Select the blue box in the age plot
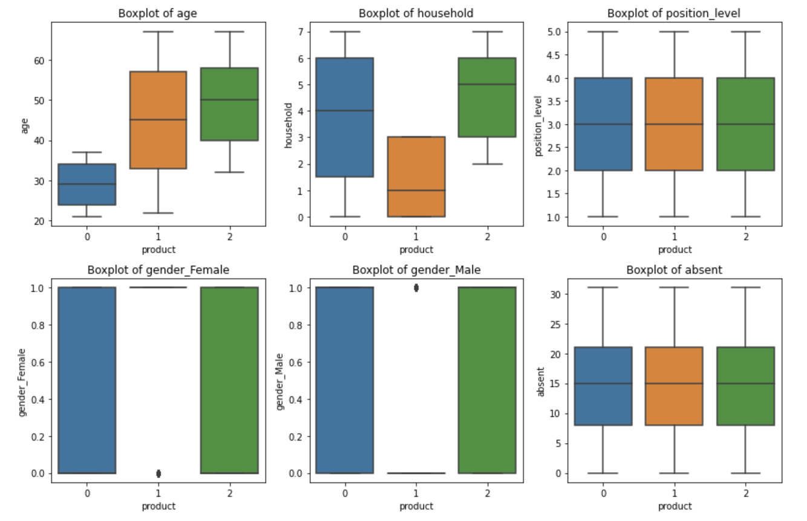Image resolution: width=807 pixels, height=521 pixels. tap(87, 184)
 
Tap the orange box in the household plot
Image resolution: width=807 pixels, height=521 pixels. tap(416, 176)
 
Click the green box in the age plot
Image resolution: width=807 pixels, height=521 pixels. tap(230, 104)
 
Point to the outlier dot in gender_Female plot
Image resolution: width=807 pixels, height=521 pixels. tap(158, 473)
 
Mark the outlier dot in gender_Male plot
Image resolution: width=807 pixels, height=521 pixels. tap(416, 288)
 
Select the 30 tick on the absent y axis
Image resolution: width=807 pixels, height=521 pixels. tap(556, 294)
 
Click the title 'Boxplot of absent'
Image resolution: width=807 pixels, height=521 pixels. tap(674, 270)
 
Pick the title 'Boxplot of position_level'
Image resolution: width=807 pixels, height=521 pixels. tap(674, 13)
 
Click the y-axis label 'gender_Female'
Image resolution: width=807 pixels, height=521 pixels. tap(23, 381)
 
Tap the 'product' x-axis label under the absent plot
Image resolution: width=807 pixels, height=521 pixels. tap(675, 506)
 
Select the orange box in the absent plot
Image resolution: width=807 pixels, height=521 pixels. tap(675, 386)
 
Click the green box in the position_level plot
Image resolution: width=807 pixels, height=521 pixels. tap(745, 124)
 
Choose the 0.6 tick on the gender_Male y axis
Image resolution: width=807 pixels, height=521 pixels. tap(296, 362)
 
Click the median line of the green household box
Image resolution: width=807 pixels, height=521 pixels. tap(487, 85)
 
